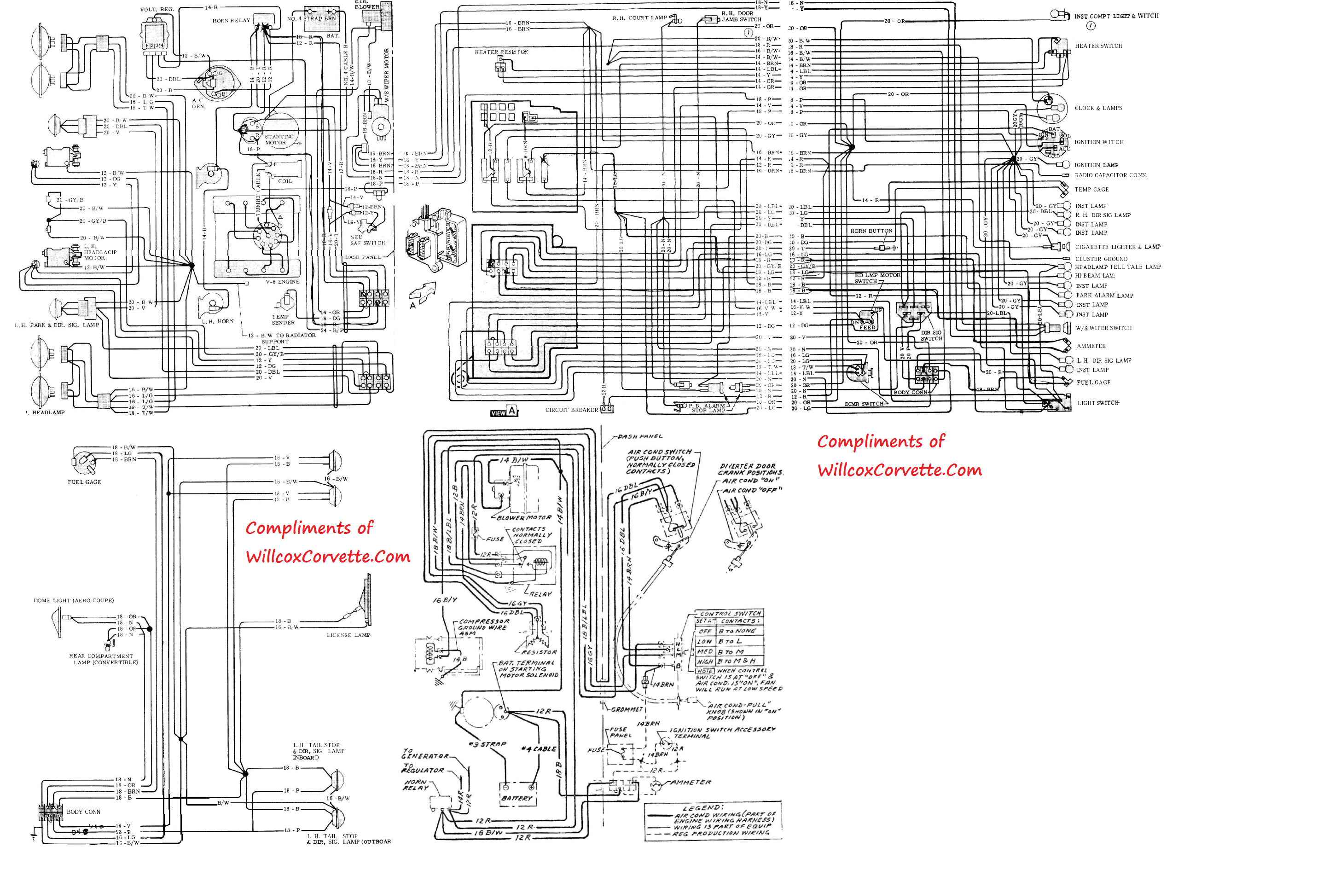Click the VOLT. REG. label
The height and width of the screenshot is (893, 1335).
(x=157, y=9)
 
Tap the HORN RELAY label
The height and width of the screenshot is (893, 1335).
(x=231, y=21)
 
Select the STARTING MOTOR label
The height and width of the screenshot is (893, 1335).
(x=279, y=139)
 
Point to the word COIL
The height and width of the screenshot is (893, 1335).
(x=285, y=181)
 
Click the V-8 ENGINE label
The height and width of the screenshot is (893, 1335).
(x=283, y=282)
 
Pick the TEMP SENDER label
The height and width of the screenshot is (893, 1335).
(x=283, y=319)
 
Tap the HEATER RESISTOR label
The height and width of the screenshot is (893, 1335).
(x=501, y=52)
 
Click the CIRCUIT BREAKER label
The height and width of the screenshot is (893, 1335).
(x=571, y=410)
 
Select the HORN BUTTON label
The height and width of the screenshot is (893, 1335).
(x=871, y=231)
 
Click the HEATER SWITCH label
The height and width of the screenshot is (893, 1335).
(x=1098, y=46)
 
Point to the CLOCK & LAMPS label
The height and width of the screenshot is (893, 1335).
(x=1098, y=108)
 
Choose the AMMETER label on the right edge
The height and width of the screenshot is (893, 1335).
(x=1091, y=346)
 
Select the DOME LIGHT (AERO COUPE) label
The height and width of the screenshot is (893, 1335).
(x=74, y=600)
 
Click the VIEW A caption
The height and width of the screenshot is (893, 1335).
(x=504, y=412)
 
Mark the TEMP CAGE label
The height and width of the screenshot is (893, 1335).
(x=1091, y=190)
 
